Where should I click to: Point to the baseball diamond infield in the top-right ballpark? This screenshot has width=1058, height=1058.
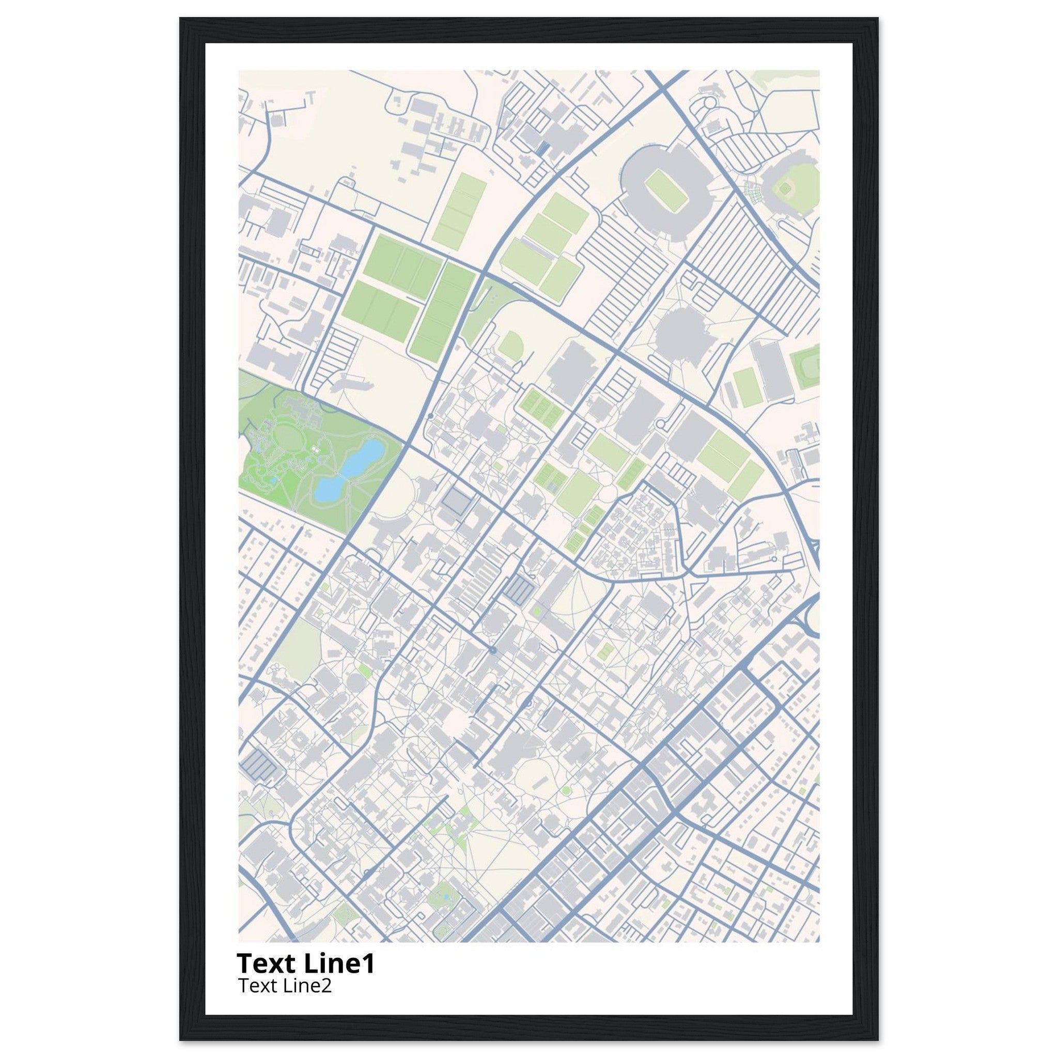[785, 189]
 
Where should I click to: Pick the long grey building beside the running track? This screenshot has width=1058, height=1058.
[769, 370]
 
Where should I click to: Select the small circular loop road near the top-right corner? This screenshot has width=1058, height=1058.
[710, 102]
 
